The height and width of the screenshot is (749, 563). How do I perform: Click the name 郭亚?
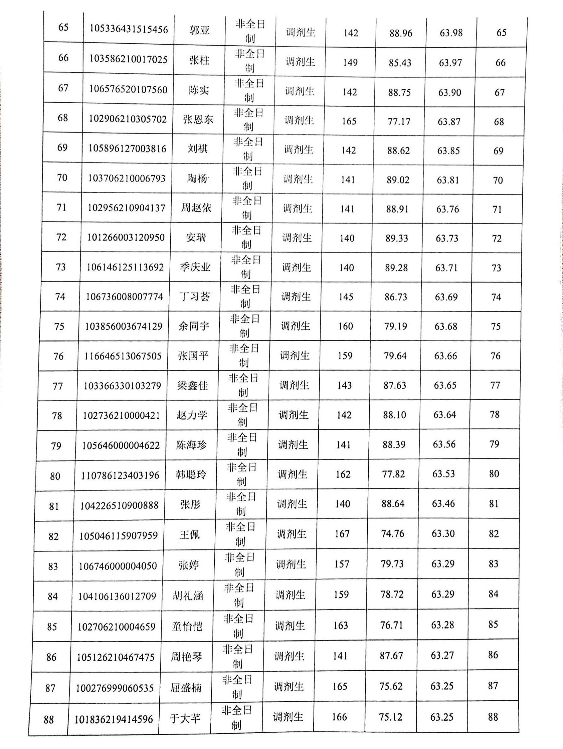point(200,31)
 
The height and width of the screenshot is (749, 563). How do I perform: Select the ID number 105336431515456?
point(129,30)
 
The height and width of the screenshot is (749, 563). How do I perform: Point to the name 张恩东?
point(198,120)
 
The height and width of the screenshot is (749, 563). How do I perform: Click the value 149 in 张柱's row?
point(350,63)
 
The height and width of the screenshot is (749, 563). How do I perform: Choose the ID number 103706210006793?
point(127,178)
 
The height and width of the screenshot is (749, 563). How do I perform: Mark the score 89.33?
point(397,238)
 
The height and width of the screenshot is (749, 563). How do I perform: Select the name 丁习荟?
point(195,297)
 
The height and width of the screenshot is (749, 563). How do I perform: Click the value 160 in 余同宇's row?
point(345,326)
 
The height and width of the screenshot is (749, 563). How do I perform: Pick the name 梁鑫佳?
point(192,386)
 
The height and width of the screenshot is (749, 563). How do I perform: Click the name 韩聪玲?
point(191,475)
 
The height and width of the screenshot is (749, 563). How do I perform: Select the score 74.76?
point(393,534)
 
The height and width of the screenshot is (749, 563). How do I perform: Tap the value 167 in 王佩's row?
point(342,534)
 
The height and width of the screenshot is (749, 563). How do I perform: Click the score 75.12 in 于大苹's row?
point(390,717)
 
